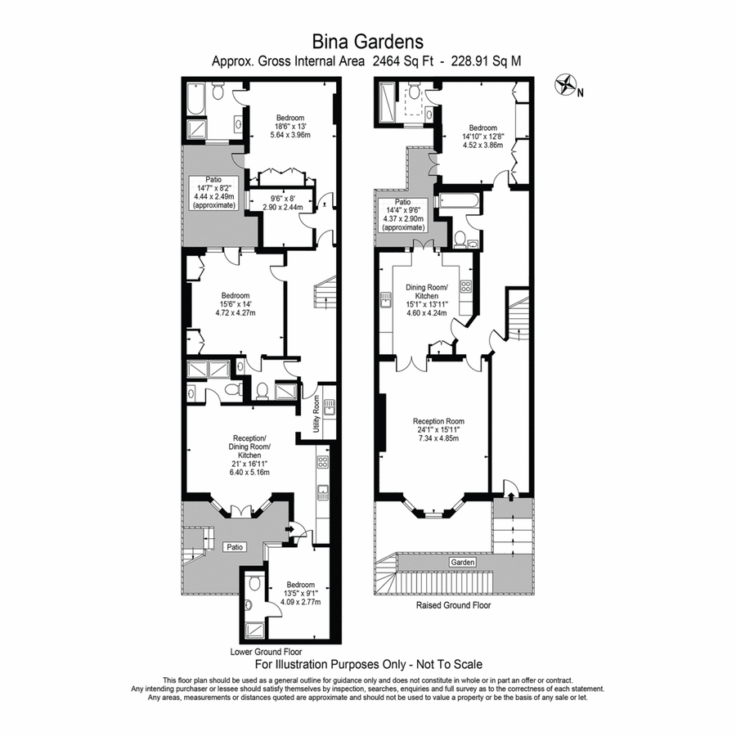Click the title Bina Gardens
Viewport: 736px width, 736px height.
pos(367,40)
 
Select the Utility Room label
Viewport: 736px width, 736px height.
pos(315,415)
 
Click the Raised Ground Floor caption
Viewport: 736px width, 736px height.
pos(453,606)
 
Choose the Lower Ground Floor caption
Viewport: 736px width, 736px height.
pos(266,653)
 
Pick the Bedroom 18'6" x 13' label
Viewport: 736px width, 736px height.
pos(289,127)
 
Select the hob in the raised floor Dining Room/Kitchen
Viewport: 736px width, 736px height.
pos(466,286)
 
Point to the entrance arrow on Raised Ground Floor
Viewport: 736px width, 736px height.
pos(509,493)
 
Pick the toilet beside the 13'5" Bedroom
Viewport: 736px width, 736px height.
pos(254,583)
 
